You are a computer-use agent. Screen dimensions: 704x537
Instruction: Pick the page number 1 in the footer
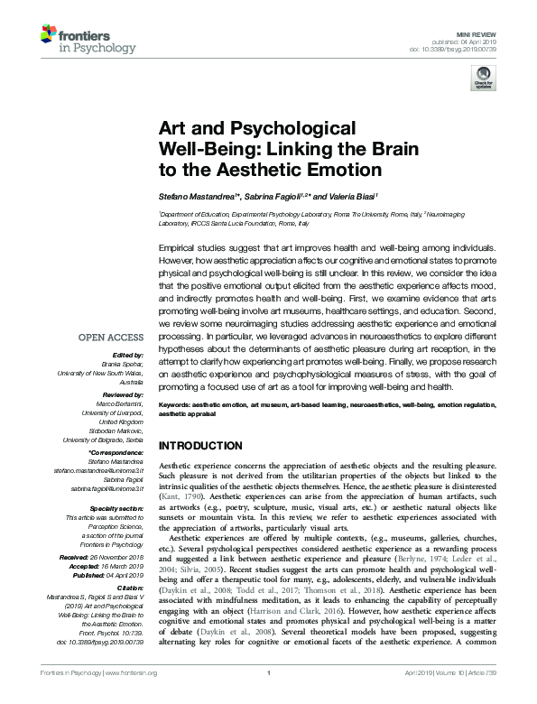pos(270,697)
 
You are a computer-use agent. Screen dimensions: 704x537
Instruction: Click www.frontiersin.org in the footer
pos(132,697)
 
